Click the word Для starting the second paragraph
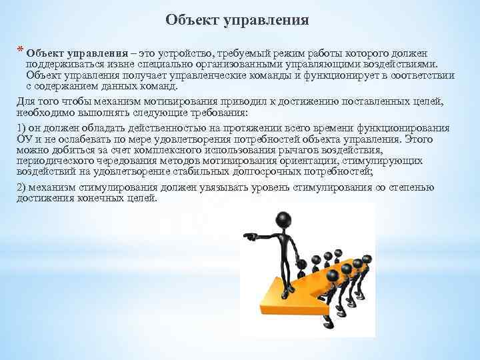click(24, 101)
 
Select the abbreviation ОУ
click(23, 139)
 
